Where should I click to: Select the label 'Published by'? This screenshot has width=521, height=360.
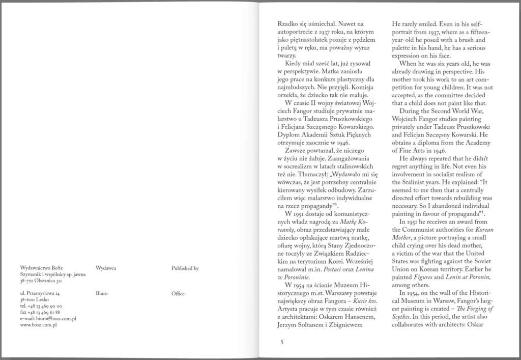point(185,267)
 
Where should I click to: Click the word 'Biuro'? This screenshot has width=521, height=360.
point(101,294)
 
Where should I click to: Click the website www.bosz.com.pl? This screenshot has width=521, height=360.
point(38,324)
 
